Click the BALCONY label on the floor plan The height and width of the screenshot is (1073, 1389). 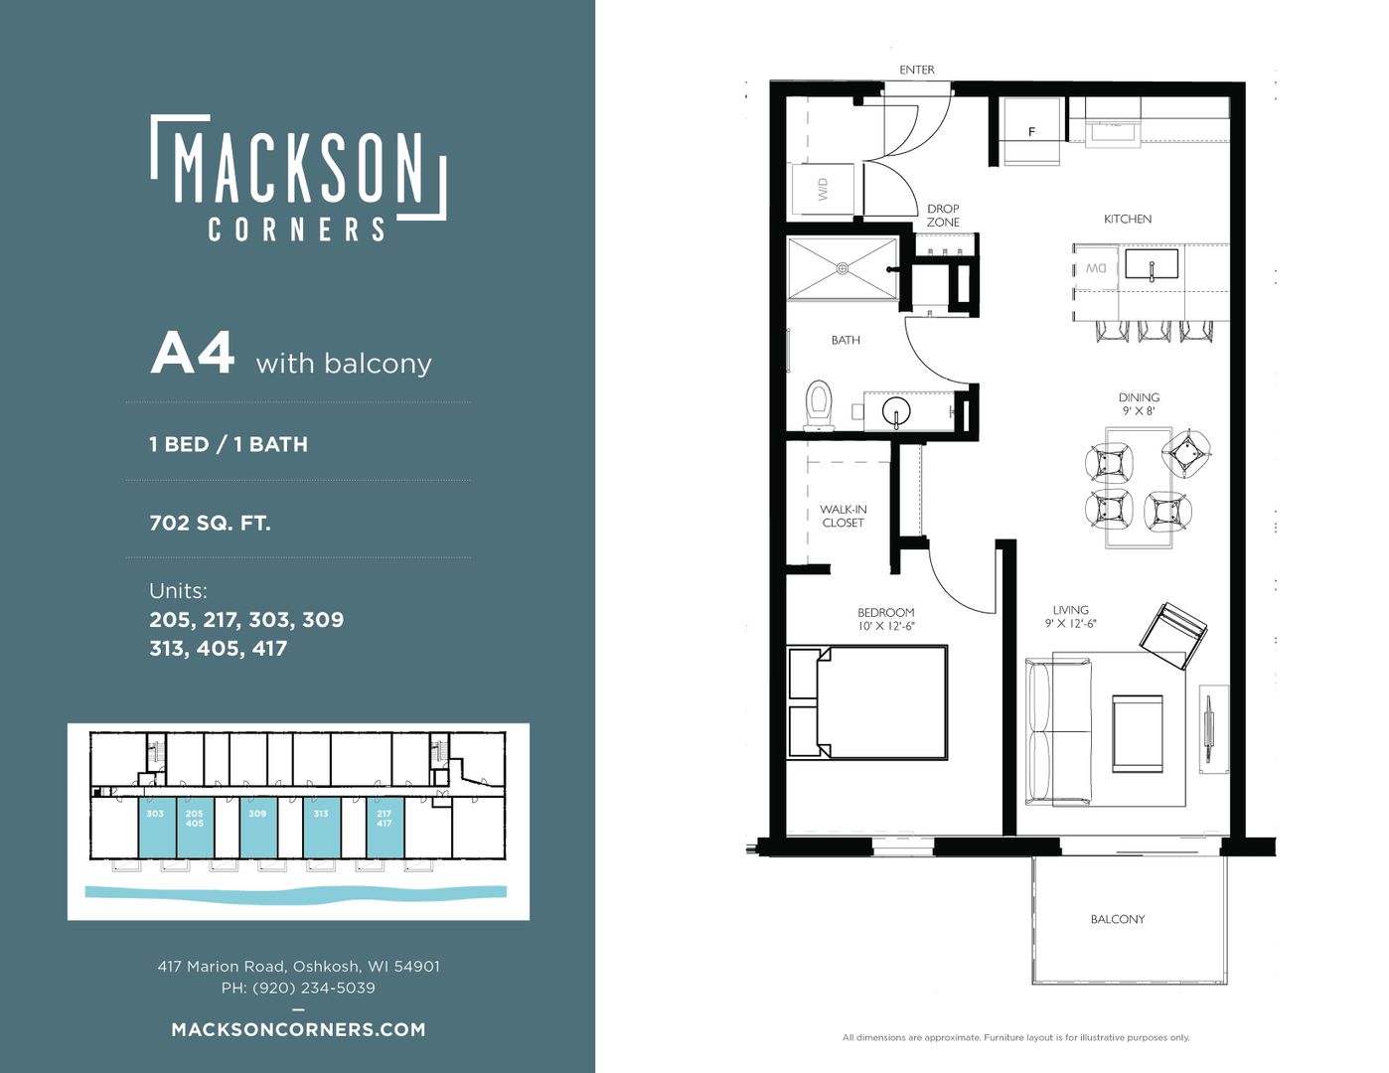tap(1118, 919)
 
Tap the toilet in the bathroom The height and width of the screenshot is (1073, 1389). tap(819, 405)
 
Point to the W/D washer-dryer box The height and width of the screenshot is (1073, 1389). tap(823, 189)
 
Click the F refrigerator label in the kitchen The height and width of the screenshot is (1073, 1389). tap(1031, 132)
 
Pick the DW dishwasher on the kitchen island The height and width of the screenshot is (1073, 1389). tap(1096, 268)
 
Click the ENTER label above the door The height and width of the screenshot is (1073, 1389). tap(917, 70)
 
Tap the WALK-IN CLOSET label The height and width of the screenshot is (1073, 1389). tap(844, 516)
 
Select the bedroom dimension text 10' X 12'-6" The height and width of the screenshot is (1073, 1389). tap(886, 626)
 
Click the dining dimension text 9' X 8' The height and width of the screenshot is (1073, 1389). tap(1139, 411)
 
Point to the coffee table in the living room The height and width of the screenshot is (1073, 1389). tap(1138, 733)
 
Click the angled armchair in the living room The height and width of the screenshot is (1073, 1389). tap(1173, 635)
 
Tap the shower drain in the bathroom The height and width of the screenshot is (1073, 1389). tap(843, 268)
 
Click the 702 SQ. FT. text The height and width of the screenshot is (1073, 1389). tap(210, 524)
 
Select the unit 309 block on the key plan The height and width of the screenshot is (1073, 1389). tap(258, 828)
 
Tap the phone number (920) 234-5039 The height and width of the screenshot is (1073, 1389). tap(314, 988)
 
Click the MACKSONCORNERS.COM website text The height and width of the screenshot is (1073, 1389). tap(298, 1029)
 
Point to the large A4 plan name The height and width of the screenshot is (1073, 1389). tap(193, 354)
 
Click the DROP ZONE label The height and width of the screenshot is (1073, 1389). tap(943, 216)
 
